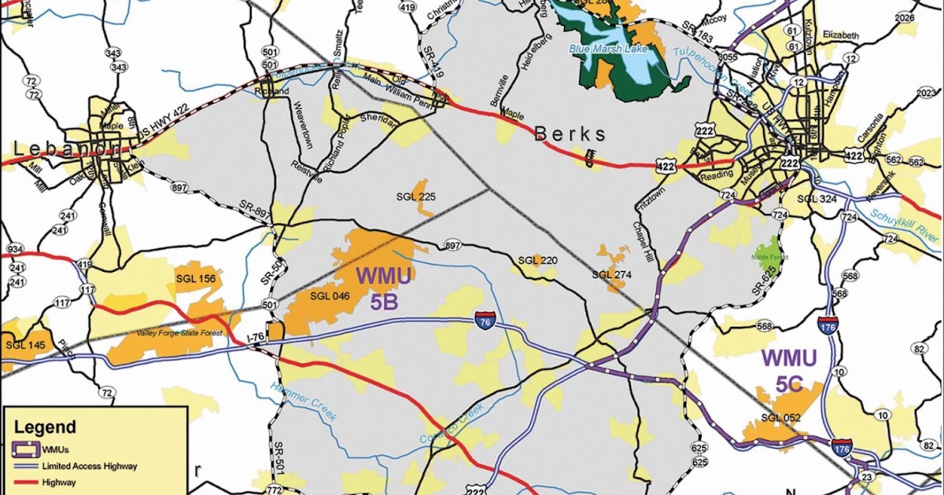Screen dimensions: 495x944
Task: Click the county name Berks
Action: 571,134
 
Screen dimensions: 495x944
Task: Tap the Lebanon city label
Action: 63,149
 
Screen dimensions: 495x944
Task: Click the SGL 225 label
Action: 417,197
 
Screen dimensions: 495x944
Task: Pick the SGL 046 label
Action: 330,296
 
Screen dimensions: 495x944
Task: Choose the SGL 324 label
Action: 817,199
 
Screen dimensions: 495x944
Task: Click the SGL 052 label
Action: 780,417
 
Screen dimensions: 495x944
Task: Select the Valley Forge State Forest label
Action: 180,333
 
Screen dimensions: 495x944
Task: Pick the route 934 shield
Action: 16,249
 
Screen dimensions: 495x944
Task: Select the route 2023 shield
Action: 926,93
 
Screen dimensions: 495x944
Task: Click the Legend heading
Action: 46,427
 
